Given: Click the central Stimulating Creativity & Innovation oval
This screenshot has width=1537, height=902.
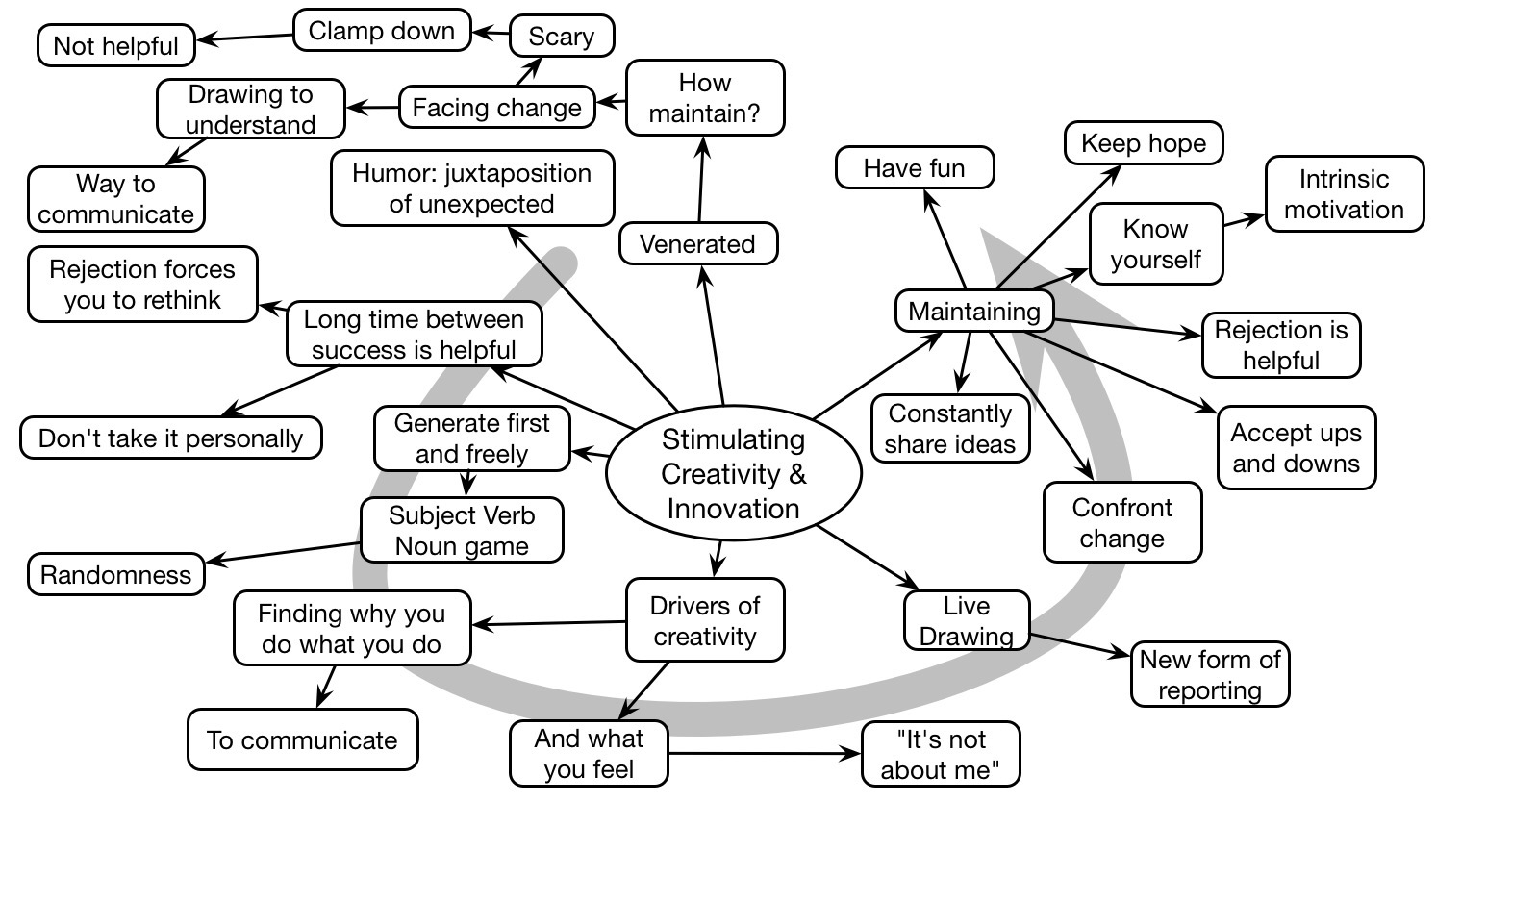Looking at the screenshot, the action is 734,473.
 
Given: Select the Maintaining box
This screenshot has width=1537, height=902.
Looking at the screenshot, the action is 974,312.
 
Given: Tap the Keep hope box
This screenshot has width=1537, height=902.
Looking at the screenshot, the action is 1144,143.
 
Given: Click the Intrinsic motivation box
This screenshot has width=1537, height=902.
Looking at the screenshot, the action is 1345,194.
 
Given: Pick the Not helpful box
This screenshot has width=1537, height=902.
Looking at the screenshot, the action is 116,46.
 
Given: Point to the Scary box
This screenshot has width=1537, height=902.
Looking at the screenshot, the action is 562,36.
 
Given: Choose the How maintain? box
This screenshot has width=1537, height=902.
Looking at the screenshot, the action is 705,97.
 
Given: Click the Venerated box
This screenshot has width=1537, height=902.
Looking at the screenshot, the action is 698,243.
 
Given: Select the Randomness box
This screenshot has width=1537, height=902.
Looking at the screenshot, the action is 116,574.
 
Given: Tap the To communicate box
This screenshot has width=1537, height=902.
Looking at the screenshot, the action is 303,739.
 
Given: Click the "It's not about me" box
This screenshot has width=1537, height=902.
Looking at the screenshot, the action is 940,754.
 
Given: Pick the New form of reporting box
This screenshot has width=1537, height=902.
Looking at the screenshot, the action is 1210,674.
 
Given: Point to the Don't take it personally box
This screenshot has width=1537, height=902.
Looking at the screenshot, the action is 171,438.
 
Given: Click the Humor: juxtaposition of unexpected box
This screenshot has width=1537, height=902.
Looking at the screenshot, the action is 472,188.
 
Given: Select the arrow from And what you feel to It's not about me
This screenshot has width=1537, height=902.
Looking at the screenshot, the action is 765,754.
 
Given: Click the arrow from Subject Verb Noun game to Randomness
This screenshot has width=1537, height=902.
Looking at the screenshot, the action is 284,553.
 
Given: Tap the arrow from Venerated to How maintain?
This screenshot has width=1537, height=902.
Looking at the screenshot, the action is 700,179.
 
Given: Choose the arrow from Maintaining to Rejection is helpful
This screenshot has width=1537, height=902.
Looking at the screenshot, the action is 1128,328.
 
